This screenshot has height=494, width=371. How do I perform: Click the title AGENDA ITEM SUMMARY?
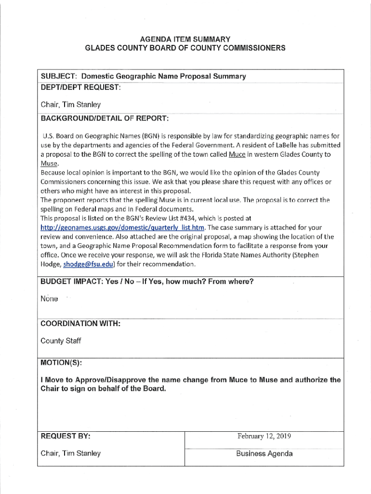(185, 39)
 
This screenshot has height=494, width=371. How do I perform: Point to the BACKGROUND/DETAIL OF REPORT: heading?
(105, 118)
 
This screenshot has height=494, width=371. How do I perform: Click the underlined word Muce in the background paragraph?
(237, 154)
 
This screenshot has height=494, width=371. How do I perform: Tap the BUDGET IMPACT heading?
(147, 281)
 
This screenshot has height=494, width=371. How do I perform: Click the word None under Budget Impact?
(49, 299)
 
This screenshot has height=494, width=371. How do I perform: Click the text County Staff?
(61, 341)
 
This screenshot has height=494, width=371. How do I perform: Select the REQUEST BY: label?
(66, 436)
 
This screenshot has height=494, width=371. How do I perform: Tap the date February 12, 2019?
(264, 436)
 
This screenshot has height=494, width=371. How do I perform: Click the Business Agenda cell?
(264, 453)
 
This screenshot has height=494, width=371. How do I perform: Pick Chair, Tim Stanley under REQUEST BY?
(71, 453)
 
